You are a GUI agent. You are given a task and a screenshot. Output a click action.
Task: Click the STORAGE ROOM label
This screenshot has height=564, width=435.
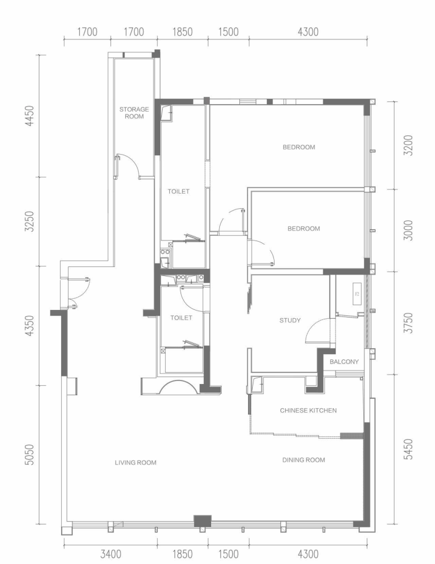(x=134, y=112)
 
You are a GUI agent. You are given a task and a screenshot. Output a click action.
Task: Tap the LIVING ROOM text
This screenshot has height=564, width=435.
(x=136, y=463)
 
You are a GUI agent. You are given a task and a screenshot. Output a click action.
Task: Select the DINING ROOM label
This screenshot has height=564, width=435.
(x=303, y=460)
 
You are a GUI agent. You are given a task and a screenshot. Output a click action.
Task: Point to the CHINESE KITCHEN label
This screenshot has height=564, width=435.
(x=308, y=411)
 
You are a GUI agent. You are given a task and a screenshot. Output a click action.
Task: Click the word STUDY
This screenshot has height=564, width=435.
(x=290, y=321)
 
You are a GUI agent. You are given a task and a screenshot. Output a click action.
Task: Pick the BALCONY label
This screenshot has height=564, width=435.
(x=344, y=362)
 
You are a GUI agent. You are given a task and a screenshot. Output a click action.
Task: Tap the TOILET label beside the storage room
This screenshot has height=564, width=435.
(x=178, y=191)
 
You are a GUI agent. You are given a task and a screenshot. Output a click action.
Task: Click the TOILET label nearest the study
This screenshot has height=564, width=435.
(x=181, y=318)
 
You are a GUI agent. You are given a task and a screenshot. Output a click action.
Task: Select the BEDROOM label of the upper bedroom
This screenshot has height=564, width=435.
(x=299, y=147)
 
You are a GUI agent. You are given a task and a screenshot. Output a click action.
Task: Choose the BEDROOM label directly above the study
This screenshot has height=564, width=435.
(x=303, y=228)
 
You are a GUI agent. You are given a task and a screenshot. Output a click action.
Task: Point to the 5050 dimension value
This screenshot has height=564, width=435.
(x=30, y=455)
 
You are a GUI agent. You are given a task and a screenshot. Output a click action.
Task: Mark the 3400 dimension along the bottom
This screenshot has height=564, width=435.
(x=111, y=554)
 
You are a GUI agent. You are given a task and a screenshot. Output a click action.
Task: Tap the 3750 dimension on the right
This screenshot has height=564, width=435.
(x=409, y=323)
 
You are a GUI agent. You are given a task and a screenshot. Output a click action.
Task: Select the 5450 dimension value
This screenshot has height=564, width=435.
(x=409, y=449)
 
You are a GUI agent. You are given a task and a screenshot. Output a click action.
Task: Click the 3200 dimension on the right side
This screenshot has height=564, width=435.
(x=409, y=145)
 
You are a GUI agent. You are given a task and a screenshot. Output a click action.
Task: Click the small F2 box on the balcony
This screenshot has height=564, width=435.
(x=357, y=294)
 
